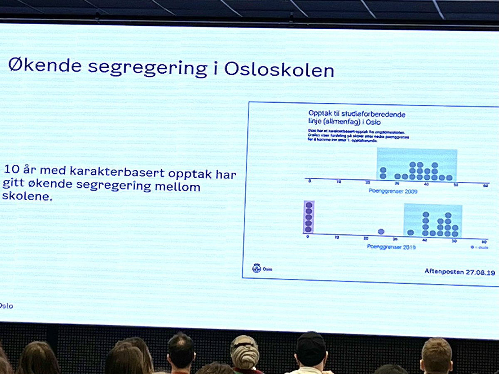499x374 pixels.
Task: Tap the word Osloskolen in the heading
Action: (279, 69)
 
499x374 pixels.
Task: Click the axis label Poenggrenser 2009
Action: (393, 191)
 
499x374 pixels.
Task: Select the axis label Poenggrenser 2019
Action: (391, 247)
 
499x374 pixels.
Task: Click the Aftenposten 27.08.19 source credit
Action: (459, 271)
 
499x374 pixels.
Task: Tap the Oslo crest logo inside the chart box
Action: (257, 268)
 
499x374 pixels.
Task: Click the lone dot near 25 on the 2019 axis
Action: (381, 232)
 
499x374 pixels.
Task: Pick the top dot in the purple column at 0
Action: (309, 205)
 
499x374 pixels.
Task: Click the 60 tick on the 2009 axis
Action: (485, 186)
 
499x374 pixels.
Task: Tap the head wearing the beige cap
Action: (245, 352)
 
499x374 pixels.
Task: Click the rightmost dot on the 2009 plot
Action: (449, 178)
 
